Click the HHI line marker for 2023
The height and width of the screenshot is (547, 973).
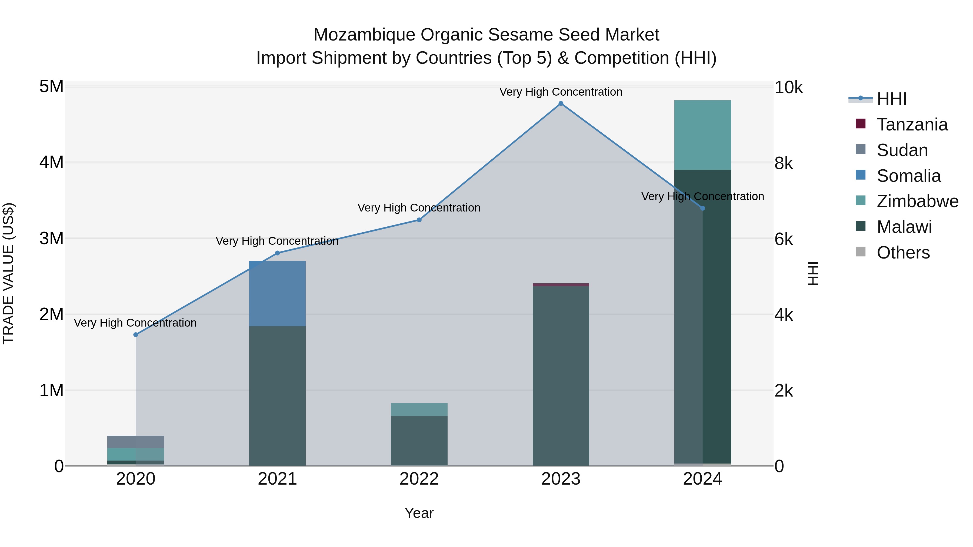coord(561,103)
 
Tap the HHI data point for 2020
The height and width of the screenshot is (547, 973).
coord(136,334)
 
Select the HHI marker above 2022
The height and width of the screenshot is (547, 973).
coord(419,220)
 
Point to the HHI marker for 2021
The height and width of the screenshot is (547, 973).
coord(277,253)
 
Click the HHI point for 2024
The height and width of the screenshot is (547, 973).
coord(702,208)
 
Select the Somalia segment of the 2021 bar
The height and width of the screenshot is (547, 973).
coord(277,293)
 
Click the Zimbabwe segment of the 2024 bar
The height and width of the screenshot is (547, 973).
coord(702,135)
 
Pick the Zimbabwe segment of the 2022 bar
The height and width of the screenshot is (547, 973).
coord(419,410)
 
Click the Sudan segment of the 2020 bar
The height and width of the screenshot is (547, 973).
coord(136,442)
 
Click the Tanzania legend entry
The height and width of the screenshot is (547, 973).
coord(912,125)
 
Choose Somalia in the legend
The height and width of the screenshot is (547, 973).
coord(908,176)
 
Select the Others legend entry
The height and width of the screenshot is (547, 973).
coord(903,253)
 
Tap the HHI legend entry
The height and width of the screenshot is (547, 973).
coord(891,99)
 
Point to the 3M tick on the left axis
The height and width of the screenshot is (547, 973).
coord(51,239)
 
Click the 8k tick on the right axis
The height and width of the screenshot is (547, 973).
coord(784,163)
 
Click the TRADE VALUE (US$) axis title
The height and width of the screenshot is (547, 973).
coord(8,274)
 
